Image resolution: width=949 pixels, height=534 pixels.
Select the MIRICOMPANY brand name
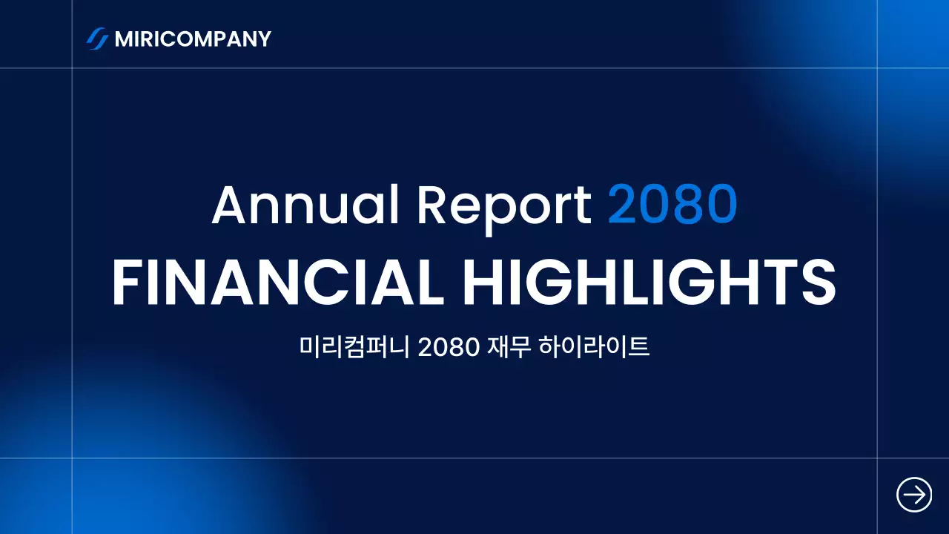193,39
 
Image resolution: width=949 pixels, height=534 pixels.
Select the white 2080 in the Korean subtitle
449,347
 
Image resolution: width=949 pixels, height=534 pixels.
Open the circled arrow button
914,494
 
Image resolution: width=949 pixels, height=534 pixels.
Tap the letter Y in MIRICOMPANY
263,39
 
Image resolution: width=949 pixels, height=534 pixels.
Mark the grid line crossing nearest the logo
72,68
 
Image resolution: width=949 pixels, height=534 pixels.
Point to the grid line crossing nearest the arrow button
877,458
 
